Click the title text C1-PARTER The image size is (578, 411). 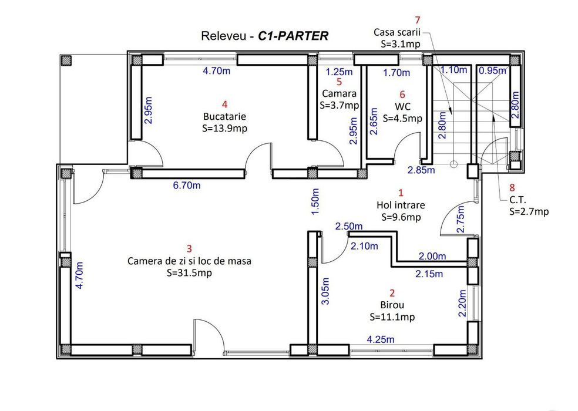(x=293, y=36)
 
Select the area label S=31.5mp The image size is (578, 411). (x=189, y=273)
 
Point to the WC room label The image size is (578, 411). (x=402, y=106)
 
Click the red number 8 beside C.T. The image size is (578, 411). (x=512, y=188)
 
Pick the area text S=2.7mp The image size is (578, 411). (x=529, y=211)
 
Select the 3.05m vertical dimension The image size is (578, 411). (x=325, y=294)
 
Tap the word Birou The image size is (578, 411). (x=392, y=305)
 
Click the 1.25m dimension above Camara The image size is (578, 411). (x=339, y=73)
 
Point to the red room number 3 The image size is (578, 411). (x=189, y=249)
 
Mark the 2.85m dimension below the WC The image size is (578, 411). (x=421, y=171)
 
